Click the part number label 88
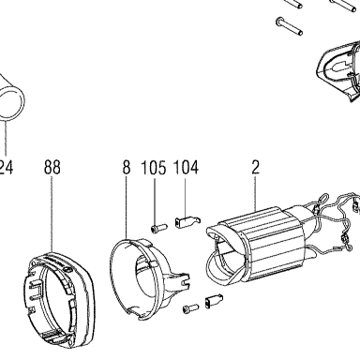click(52, 168)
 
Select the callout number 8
click(126, 168)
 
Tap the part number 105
click(154, 168)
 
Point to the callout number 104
click(186, 168)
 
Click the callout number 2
click(255, 168)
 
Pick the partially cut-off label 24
click(7, 168)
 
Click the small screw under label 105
click(158, 228)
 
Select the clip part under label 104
click(187, 222)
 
